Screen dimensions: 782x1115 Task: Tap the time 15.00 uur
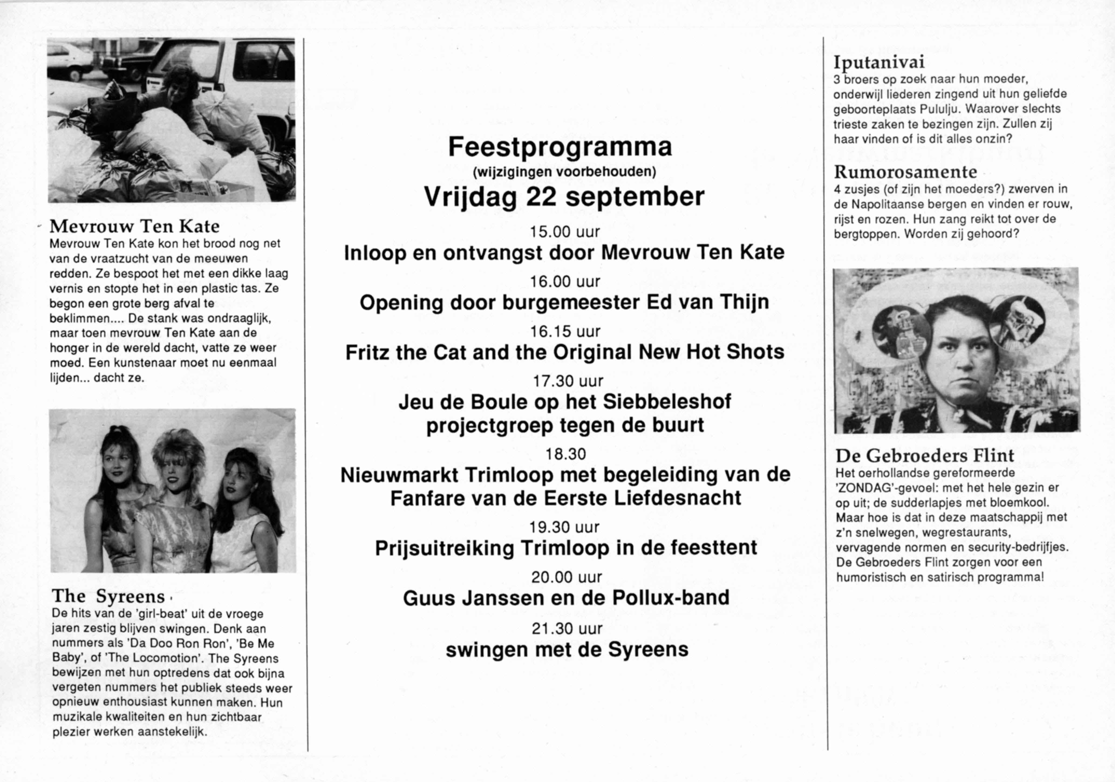(x=565, y=232)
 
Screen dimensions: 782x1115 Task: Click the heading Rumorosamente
(x=906, y=172)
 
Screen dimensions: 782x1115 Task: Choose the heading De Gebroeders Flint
(x=925, y=455)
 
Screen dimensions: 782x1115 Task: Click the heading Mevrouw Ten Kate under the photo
(x=135, y=226)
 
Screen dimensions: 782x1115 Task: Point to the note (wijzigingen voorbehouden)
(x=564, y=172)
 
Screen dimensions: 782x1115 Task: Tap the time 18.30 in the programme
(x=566, y=454)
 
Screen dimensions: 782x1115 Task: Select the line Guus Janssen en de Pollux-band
(x=566, y=597)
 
